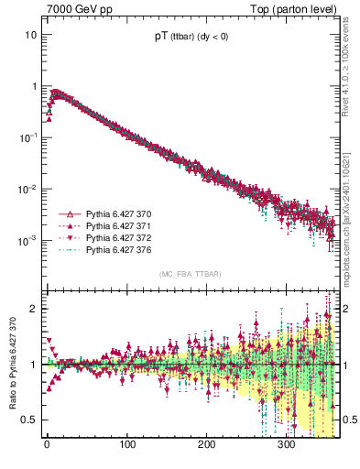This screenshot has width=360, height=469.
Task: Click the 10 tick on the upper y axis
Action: click(31, 35)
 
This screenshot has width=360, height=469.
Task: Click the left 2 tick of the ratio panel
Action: click(33, 309)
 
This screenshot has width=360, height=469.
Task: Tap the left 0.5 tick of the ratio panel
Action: click(29, 420)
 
